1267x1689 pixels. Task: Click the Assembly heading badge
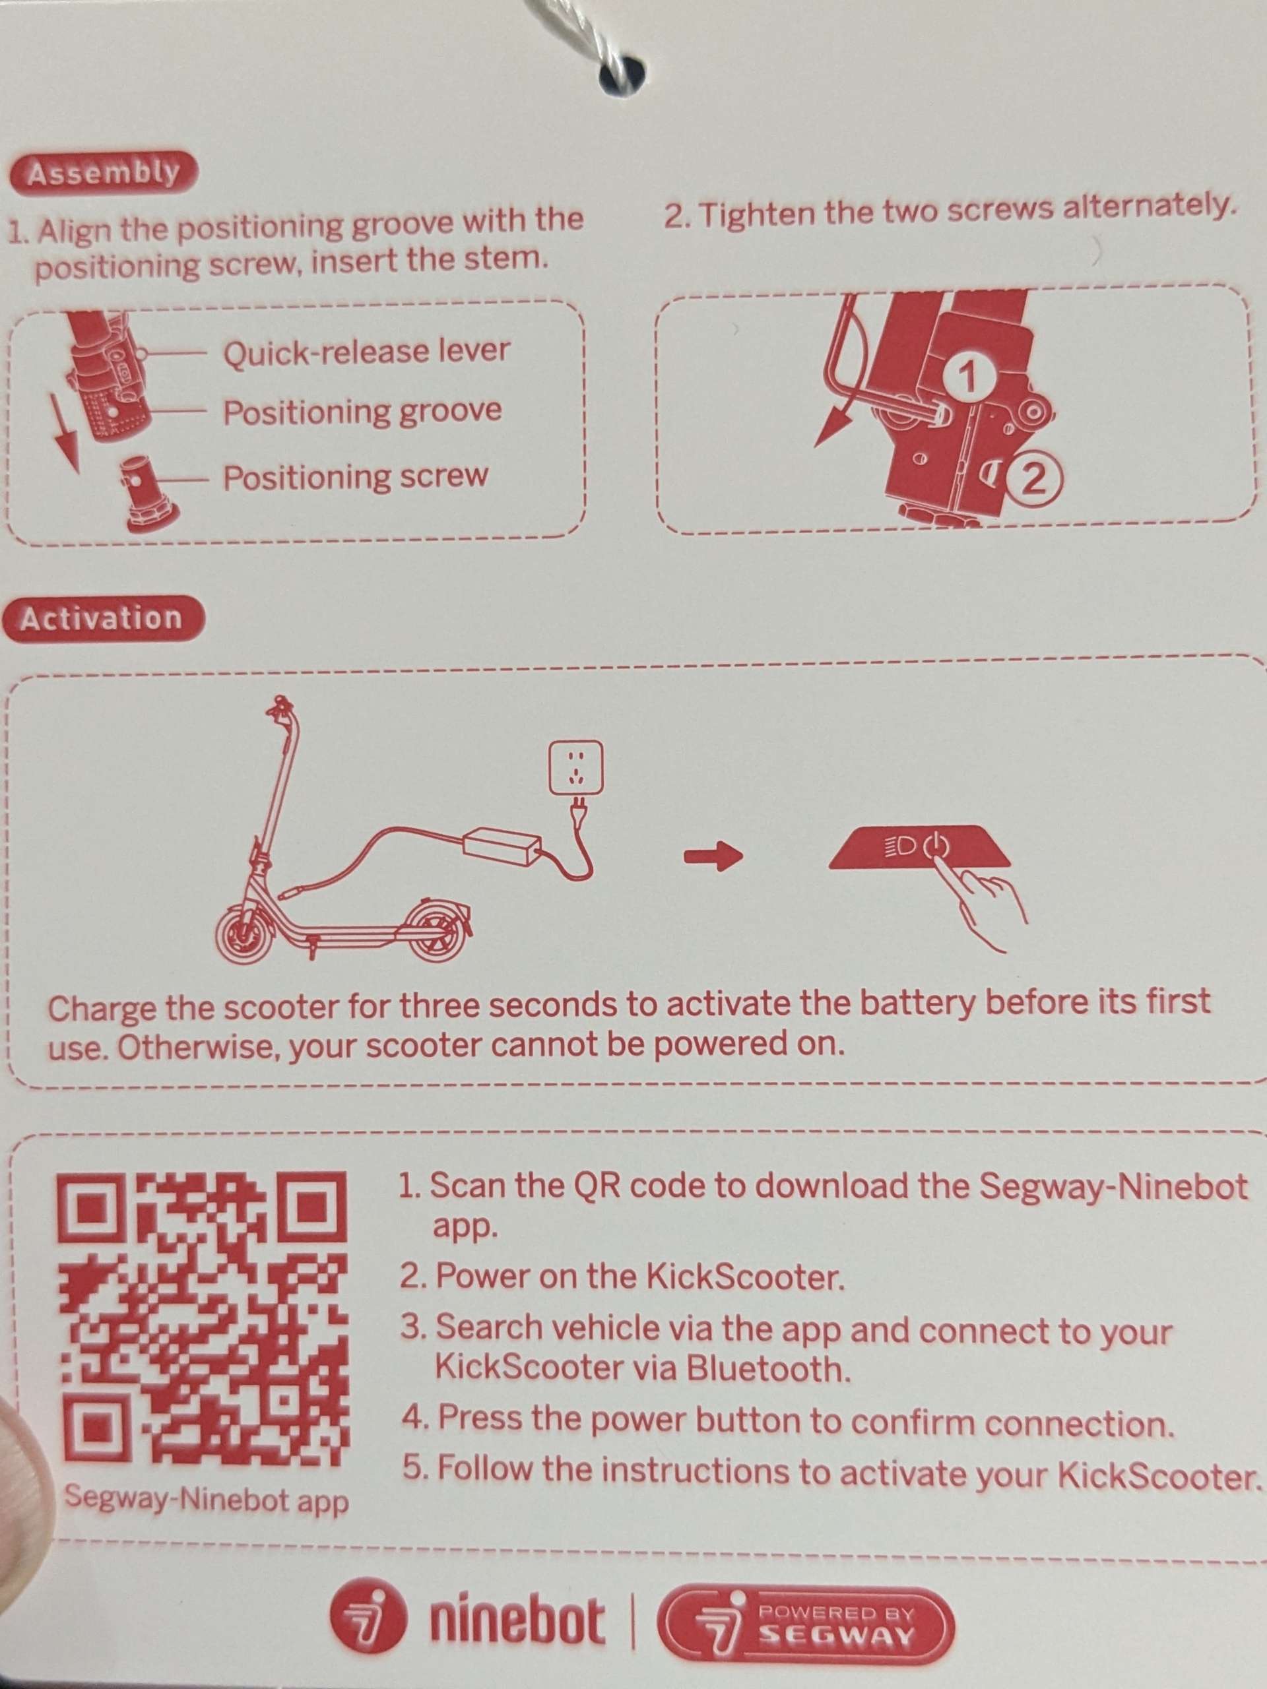pos(102,174)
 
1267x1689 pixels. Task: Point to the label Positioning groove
pos(362,412)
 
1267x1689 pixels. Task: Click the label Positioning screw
pos(355,478)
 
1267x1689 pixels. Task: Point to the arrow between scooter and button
pos(713,857)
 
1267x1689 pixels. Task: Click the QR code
pos(203,1319)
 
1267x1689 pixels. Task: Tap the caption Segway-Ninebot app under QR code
pos(206,1498)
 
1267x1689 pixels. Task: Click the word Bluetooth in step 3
pos(768,1368)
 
